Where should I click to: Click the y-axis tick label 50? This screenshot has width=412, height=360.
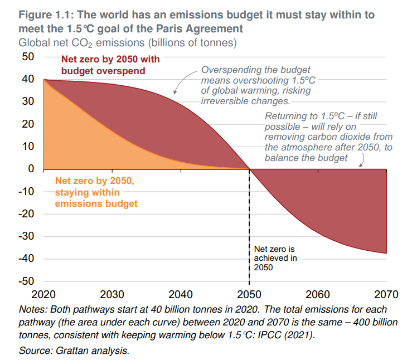click(28, 56)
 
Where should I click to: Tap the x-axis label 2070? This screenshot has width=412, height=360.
click(387, 294)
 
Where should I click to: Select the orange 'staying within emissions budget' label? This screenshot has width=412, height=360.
click(96, 192)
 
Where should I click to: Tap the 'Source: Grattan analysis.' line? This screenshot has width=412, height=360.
click(74, 351)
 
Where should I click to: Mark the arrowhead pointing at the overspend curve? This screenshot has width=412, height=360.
click(175, 92)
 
